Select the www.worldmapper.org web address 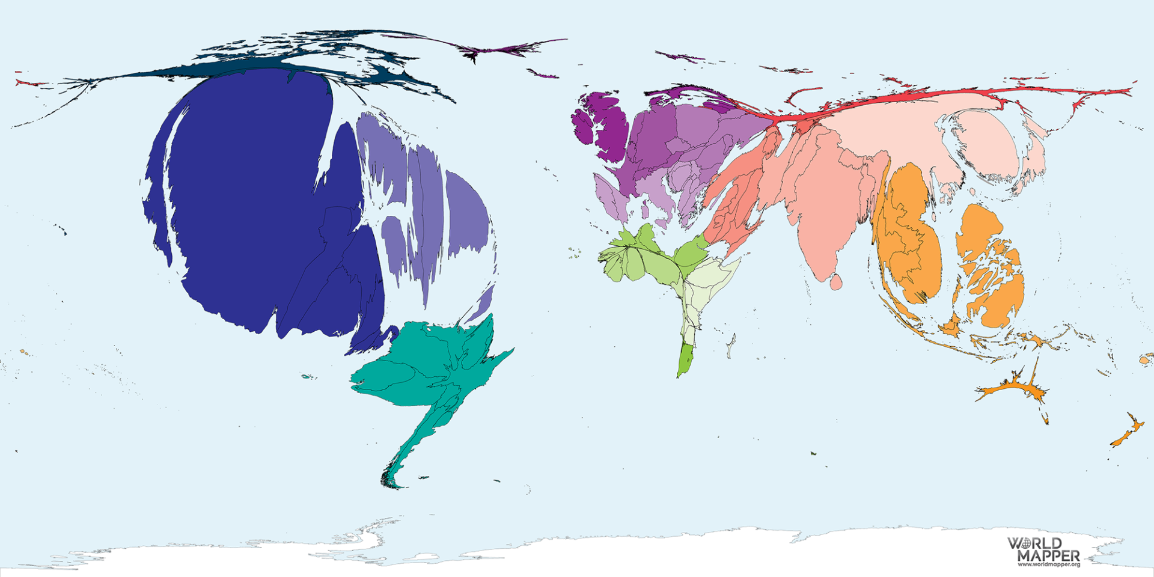click(x=1048, y=565)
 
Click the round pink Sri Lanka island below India click(x=835, y=281)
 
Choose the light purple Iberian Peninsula click(x=610, y=198)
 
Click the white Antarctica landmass click(x=601, y=553)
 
